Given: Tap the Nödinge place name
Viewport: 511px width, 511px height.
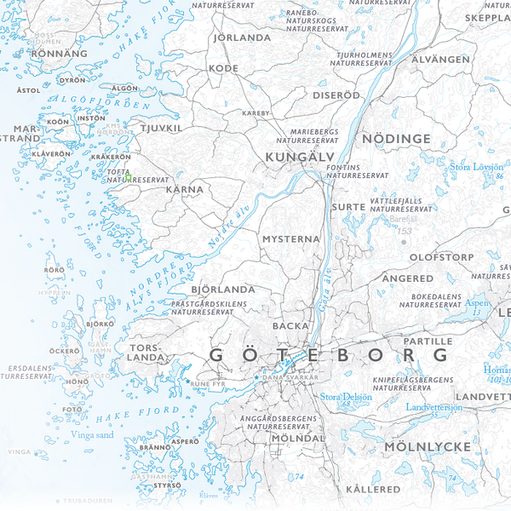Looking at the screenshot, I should point(396,138).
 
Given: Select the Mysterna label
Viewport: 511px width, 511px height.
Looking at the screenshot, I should point(290,239).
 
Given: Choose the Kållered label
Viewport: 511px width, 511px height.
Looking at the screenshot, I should point(373,489).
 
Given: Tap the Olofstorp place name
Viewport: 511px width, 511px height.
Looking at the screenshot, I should point(442,255).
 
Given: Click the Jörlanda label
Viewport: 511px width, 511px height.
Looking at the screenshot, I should point(242,37).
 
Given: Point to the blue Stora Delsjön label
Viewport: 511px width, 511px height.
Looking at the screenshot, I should point(347,396).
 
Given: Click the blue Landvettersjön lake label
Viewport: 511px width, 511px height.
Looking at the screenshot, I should point(433,408).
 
